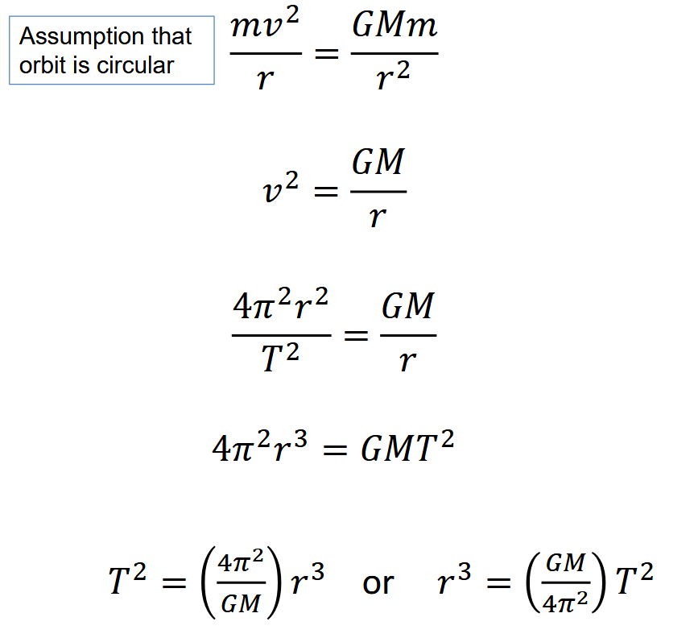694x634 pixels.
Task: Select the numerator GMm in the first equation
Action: coord(395,26)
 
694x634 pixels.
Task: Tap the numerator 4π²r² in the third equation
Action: coord(280,307)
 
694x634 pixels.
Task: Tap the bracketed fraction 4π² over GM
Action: coord(240,582)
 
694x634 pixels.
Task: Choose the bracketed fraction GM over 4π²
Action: coord(564,582)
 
